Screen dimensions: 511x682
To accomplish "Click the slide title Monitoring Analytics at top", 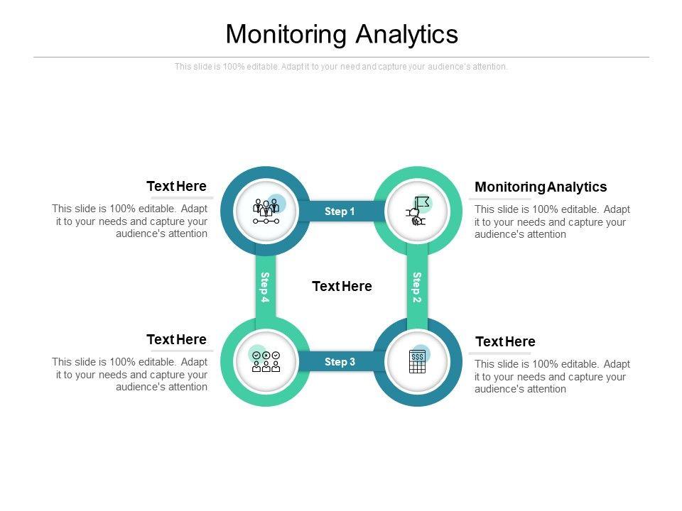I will point(342,34).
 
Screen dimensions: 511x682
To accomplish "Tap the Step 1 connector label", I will point(340,211).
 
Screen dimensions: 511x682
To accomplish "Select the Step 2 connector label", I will point(417,287).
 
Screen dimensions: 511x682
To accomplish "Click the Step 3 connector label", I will point(340,362).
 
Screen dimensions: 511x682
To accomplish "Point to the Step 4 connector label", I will point(265,287).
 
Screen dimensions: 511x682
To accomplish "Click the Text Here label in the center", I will point(342,287).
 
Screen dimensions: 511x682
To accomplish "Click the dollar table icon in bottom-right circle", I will point(418,361).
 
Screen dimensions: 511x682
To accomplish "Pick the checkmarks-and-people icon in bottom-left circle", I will point(266,361).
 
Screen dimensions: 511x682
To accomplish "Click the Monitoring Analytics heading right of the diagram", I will point(541,187).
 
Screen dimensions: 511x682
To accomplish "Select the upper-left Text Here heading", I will point(176,187).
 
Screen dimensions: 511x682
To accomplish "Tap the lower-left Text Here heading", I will point(176,339).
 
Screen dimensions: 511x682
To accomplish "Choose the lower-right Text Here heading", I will point(505,342).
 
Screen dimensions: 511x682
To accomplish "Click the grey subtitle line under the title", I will point(341,67).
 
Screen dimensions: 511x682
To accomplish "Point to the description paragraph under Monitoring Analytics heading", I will point(552,221).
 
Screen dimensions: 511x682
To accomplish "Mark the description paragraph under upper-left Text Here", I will point(130,221).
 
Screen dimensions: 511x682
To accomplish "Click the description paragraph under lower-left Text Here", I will point(130,374).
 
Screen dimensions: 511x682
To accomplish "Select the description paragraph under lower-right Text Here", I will point(552,376).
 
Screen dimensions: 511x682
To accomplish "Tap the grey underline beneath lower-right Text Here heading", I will point(500,353).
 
